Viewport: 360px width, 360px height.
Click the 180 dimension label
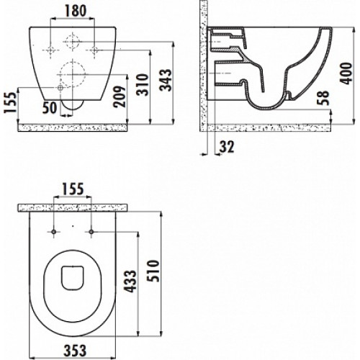75,11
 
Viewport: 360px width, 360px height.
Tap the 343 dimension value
166,81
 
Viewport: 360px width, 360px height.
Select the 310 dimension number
143,85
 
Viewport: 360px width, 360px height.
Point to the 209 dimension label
120,96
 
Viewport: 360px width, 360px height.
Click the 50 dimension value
50,107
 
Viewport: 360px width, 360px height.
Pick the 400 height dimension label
346,73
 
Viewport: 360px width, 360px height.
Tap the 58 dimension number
322,98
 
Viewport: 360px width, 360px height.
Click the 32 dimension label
227,147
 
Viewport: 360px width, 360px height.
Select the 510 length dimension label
153,271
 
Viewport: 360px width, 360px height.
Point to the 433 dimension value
130,282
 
